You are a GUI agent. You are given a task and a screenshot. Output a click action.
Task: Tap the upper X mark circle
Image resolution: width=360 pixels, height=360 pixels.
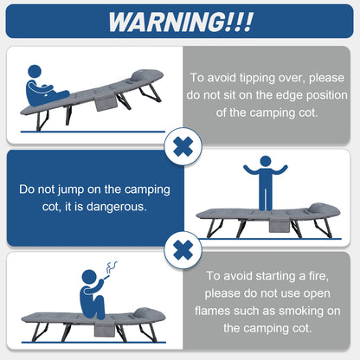point(183,146)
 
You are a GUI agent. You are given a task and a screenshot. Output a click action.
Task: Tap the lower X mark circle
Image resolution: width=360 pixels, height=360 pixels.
point(183,250)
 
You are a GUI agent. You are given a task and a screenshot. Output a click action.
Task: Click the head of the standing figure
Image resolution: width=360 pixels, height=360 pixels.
point(265,162)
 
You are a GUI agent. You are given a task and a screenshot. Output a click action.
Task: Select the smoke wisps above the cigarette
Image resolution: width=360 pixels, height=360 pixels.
point(112,267)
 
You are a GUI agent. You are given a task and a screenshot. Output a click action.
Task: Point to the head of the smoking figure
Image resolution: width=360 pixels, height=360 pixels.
point(89,278)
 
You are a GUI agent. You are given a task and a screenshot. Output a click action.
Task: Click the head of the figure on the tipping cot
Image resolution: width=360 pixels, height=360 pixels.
point(35,72)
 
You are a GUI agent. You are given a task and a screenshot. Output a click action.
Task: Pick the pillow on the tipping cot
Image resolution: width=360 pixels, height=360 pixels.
point(147,76)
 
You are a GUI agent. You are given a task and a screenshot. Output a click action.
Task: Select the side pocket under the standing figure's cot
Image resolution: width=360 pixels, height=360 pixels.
point(280,225)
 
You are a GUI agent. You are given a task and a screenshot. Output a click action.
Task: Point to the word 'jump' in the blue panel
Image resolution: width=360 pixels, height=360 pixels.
point(71,190)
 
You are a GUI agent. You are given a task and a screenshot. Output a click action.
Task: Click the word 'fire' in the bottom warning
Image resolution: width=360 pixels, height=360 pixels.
point(318,276)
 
